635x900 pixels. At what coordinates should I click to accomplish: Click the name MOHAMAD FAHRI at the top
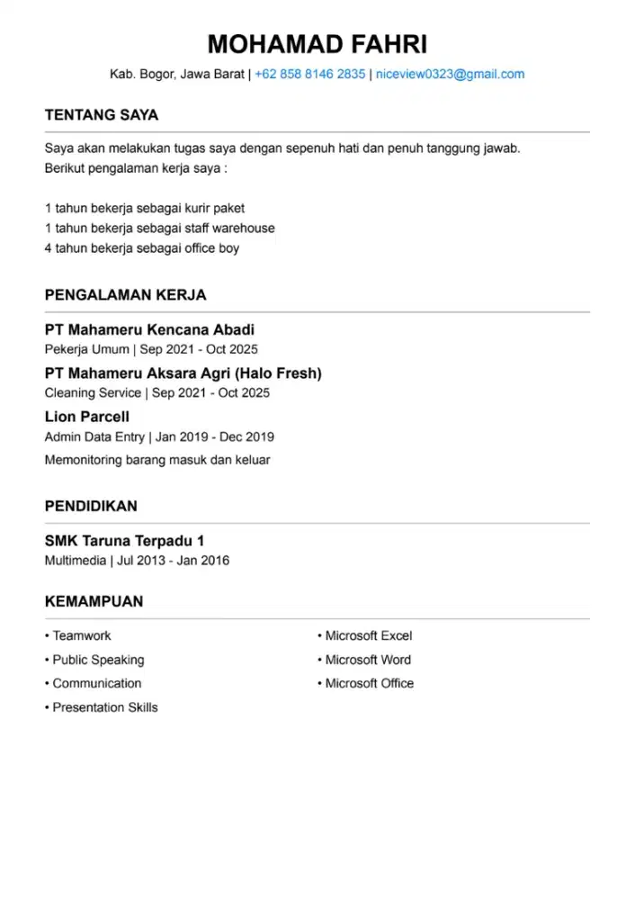click(x=317, y=43)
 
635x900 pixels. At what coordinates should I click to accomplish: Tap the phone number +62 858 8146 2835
click(x=310, y=75)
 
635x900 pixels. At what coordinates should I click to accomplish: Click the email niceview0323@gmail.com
click(x=450, y=75)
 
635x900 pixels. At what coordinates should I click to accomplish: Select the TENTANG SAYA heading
click(x=102, y=115)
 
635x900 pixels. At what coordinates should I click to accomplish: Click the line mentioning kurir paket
click(x=145, y=208)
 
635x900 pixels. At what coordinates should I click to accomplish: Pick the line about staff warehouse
click(x=160, y=229)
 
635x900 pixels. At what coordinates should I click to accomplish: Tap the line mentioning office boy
click(x=142, y=248)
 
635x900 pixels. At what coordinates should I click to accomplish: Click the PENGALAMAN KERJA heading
click(x=126, y=295)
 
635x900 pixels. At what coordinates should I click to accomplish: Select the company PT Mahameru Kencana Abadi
click(x=149, y=330)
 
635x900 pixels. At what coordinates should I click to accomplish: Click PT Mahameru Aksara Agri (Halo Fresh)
click(x=183, y=373)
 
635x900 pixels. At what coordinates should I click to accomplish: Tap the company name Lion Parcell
click(x=87, y=417)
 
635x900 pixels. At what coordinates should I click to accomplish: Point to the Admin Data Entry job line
click(x=159, y=437)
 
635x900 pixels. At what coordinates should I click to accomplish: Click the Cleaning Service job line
click(x=157, y=393)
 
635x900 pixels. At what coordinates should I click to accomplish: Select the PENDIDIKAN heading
click(x=91, y=507)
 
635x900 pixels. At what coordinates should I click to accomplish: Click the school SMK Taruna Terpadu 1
click(x=125, y=541)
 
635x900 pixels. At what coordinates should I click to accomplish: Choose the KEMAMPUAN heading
click(x=94, y=601)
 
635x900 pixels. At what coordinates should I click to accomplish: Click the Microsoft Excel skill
click(x=368, y=636)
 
